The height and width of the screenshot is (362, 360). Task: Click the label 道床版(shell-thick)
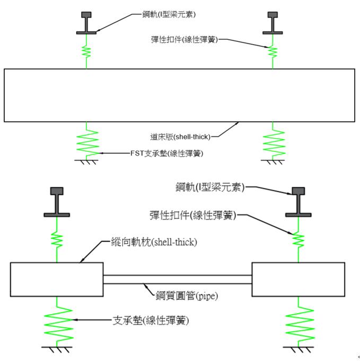coord(180,137)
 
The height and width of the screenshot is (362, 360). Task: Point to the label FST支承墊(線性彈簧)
coord(166,153)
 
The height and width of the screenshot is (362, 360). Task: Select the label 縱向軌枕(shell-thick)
coord(154,242)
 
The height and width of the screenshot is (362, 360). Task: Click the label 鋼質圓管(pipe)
coord(187,296)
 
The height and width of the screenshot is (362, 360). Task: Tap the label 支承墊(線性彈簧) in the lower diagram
coord(151,321)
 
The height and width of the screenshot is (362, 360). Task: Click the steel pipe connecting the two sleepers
coord(177,279)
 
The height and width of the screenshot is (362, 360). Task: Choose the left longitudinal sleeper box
coord(57,279)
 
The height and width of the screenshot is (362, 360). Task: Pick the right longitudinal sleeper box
coord(298,279)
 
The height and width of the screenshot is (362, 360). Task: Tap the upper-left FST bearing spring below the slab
coord(87,141)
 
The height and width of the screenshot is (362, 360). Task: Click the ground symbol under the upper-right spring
coord(273,162)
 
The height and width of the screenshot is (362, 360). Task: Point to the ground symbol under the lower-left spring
coord(57,350)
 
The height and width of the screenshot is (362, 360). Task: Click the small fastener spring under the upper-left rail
coord(86,51)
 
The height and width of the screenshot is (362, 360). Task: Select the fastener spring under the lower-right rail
coord(298,240)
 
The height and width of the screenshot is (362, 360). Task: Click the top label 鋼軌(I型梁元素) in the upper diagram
coord(169,14)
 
